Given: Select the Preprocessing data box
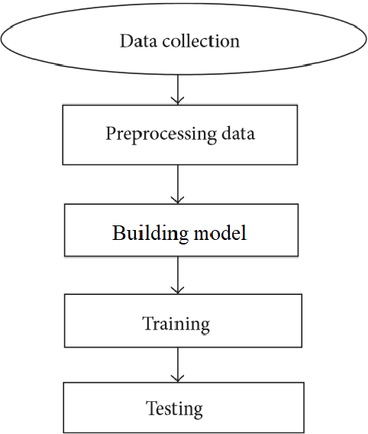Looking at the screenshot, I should coord(179,134).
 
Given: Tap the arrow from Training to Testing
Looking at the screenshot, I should coord(177,365).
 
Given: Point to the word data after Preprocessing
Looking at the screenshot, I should coord(235,134).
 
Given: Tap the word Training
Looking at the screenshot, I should coord(176,324).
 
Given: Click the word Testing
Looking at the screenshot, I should coord(176,409).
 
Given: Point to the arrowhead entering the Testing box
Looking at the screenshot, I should coord(177,379).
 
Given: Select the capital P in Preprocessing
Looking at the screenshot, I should coord(110,134).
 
